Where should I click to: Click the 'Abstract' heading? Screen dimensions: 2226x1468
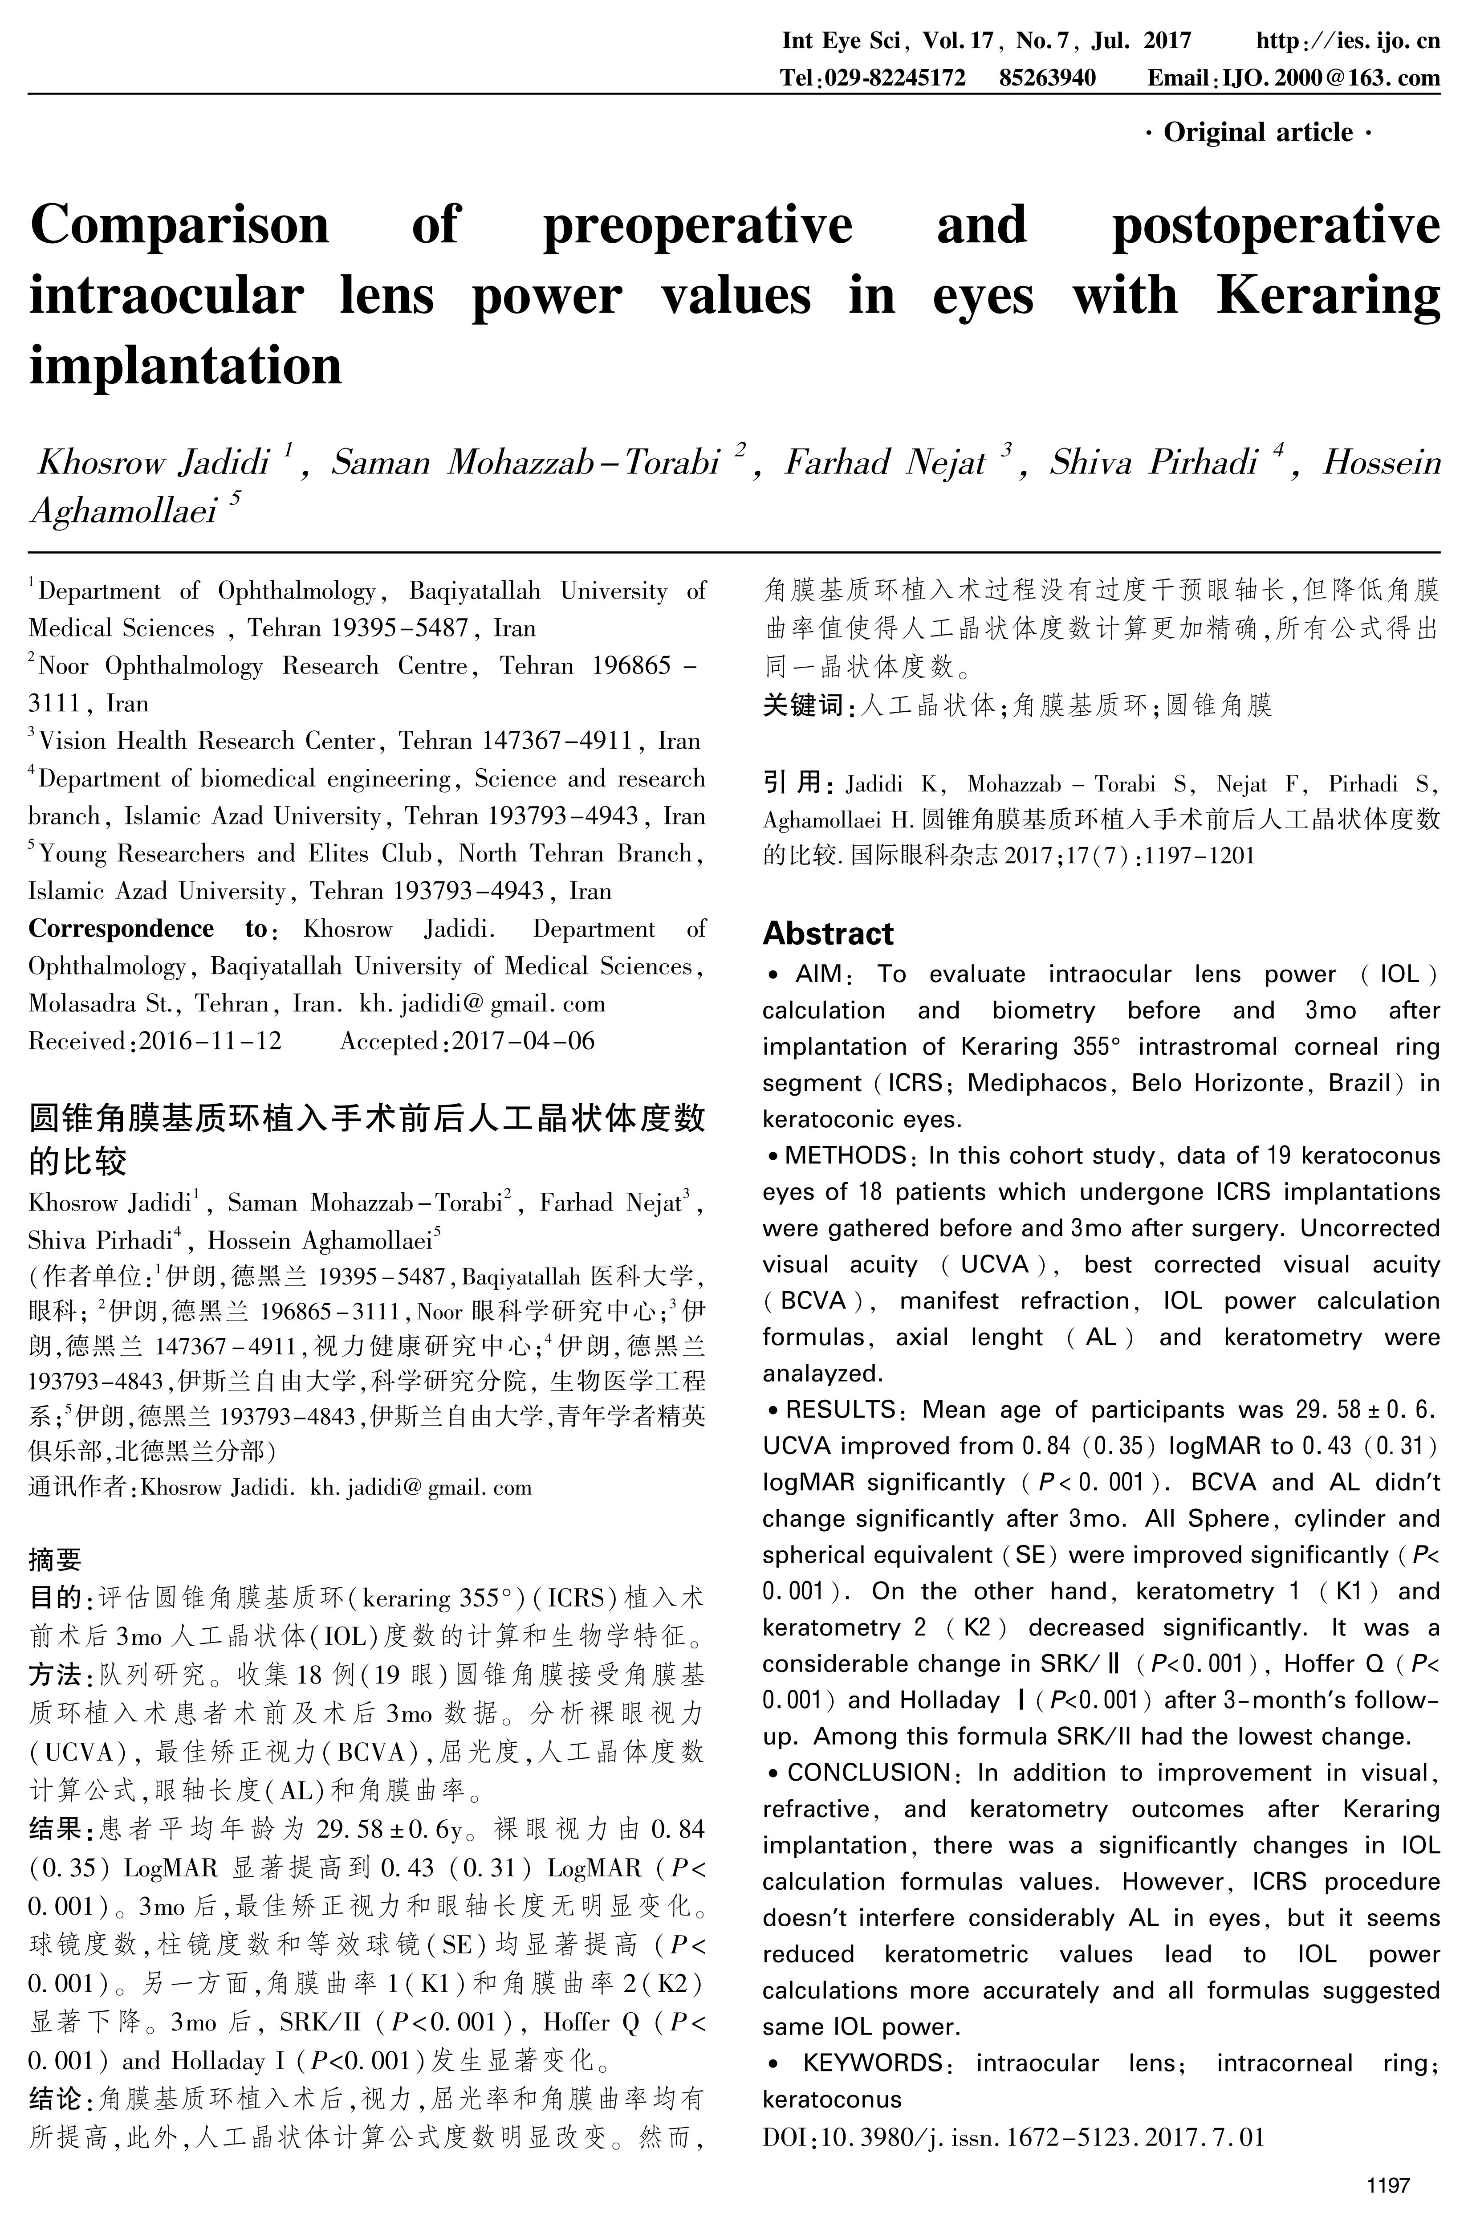828,934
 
